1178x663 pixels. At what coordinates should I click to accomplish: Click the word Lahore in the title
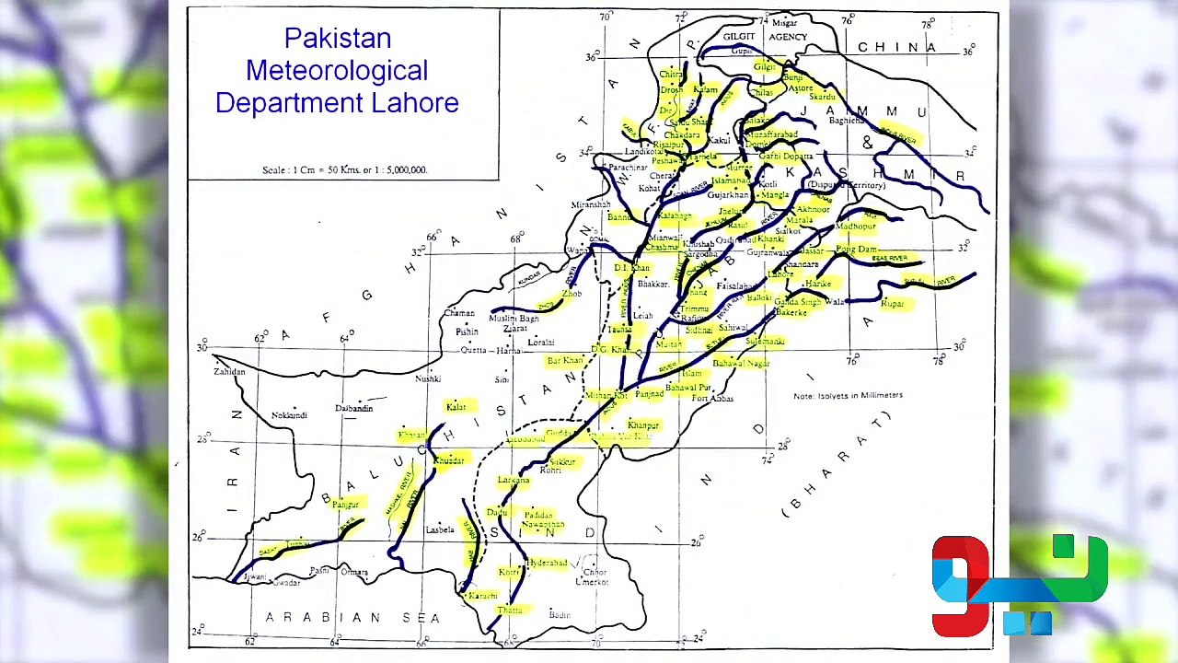[414, 103]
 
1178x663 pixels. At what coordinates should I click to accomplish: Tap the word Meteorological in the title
[337, 71]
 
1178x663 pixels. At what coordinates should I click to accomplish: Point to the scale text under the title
[344, 170]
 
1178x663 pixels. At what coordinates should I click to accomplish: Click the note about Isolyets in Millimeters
[848, 396]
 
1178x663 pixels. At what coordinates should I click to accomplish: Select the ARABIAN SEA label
[353, 618]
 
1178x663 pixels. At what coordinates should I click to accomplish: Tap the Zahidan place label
[229, 372]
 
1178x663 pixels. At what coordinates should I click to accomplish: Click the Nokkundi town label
[289, 416]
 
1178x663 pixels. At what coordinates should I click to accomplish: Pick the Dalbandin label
[353, 408]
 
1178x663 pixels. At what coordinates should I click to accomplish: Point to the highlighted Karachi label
[482, 597]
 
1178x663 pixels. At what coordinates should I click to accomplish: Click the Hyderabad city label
[547, 563]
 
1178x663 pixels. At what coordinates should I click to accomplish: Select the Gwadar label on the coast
[286, 583]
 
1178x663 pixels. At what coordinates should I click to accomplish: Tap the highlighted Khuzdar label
[449, 460]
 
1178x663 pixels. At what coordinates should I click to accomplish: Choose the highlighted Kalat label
[456, 407]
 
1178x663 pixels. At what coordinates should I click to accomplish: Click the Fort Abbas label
[712, 399]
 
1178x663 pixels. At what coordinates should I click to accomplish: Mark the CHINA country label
[896, 48]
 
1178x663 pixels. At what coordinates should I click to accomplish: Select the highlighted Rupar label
[892, 304]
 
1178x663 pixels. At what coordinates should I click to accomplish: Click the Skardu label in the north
[822, 97]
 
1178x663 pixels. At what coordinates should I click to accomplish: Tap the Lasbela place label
[440, 530]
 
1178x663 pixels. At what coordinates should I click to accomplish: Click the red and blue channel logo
[1019, 586]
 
